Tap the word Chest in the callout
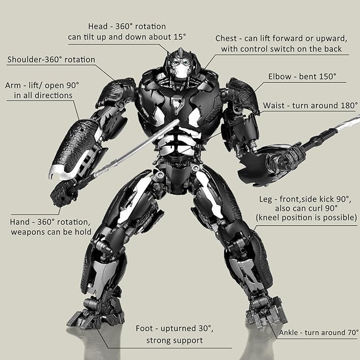click(x=227, y=39)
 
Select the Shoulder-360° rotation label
click(x=51, y=59)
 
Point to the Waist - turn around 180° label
click(x=310, y=106)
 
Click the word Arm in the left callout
click(x=14, y=85)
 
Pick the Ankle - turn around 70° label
click(x=319, y=333)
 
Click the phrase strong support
click(x=174, y=340)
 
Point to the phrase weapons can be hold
click(x=50, y=232)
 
